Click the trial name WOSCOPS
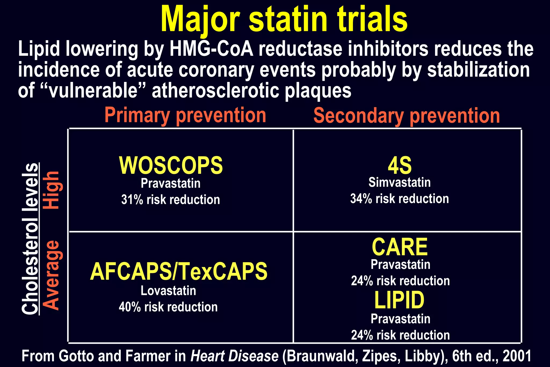[x=171, y=165]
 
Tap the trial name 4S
[x=400, y=165]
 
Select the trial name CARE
[x=400, y=247]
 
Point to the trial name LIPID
[x=400, y=300]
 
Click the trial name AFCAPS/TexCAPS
[x=179, y=271]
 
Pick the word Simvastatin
[x=400, y=182]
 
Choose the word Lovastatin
[x=168, y=291]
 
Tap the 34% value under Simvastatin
[x=361, y=199]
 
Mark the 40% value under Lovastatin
[x=129, y=307]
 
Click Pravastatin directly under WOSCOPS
[x=171, y=183]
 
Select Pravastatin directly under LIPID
[x=400, y=319]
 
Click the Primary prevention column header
[x=185, y=116]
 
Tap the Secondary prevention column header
[x=407, y=116]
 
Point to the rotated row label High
[x=51, y=190]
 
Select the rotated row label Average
[x=51, y=275]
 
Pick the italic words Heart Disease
[x=234, y=356]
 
